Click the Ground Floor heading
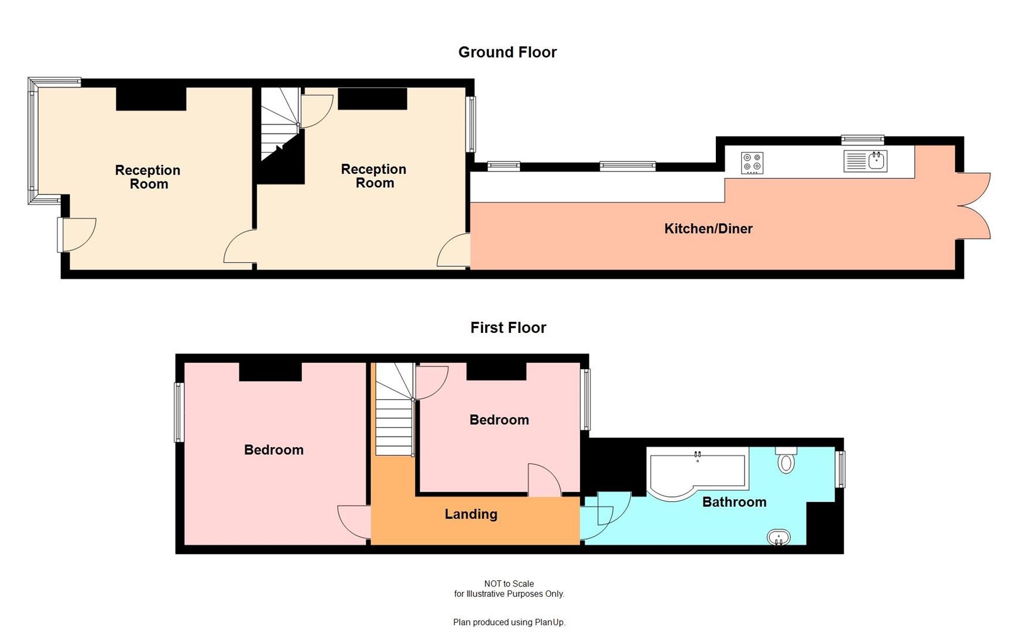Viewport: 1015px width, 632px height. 507,52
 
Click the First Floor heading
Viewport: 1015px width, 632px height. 508,327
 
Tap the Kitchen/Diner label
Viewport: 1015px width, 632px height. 708,229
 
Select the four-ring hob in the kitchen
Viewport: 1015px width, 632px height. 752,163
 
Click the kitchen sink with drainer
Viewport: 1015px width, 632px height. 865,161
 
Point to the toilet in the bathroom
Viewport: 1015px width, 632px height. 786,461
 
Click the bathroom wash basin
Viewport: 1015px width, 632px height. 779,537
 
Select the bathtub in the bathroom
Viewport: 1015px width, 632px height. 697,473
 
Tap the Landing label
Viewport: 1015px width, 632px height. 471,514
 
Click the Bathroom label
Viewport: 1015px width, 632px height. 734,502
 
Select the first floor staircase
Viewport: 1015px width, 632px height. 394,410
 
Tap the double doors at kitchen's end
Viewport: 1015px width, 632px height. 973,206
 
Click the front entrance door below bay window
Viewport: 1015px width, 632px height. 76,235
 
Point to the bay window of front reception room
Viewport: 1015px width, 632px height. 34,140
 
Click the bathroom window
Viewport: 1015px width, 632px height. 840,469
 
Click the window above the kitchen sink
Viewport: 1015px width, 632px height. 862,139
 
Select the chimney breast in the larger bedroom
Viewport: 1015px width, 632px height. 270,372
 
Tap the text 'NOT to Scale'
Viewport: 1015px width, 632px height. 509,583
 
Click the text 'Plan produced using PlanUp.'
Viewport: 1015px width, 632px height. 509,622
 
